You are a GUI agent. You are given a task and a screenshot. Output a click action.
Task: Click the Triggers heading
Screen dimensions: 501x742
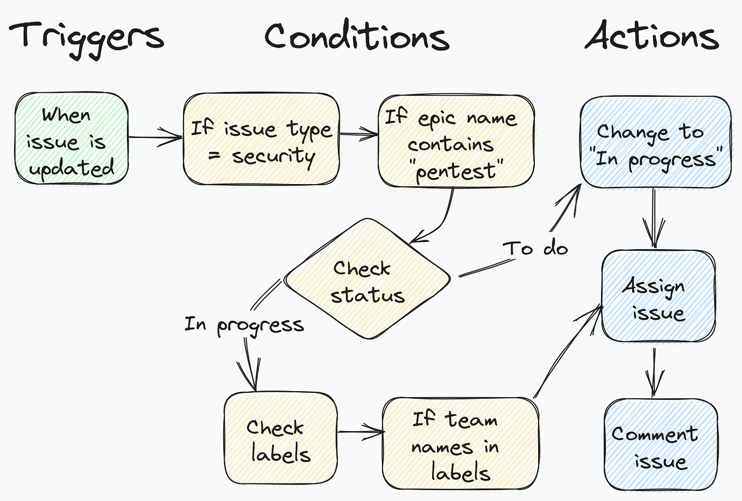86,37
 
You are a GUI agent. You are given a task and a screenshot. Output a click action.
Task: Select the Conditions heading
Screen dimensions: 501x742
356,37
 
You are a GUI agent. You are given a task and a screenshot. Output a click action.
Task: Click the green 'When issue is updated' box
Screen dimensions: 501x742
72,139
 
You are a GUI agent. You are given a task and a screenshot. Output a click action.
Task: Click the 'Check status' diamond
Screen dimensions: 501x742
367,279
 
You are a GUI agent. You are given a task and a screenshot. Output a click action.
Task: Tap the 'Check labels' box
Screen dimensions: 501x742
280,439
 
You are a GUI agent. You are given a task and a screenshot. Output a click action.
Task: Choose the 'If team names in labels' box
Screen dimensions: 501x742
460,444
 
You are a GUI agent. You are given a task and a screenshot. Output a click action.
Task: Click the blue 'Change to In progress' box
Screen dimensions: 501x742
655,143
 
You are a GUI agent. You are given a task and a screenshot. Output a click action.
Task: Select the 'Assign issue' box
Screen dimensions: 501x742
658,297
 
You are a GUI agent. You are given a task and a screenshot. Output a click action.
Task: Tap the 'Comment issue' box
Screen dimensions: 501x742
660,445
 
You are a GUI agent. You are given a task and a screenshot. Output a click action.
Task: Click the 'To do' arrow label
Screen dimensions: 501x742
535,248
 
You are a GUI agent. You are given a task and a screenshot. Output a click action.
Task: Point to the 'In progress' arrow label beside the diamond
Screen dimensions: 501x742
244,325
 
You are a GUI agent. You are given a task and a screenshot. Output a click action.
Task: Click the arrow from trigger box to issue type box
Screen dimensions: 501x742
155,137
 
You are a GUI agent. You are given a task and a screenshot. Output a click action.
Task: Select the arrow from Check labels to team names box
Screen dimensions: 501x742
360,432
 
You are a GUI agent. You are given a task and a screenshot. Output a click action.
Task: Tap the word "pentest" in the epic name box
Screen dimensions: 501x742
455,172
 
